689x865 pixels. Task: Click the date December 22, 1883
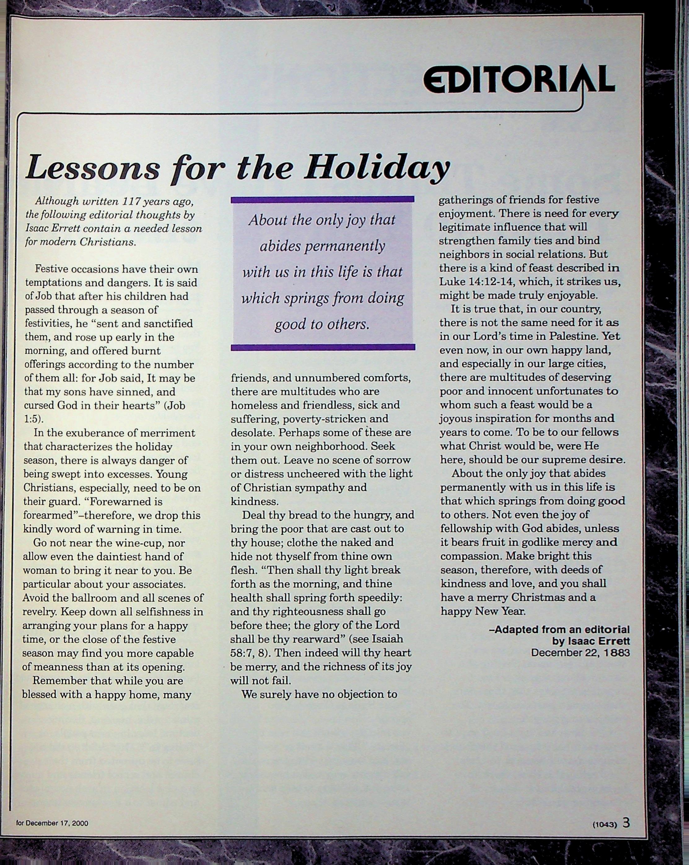580,653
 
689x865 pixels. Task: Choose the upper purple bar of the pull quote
323,199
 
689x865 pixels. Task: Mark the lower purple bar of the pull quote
323,347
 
